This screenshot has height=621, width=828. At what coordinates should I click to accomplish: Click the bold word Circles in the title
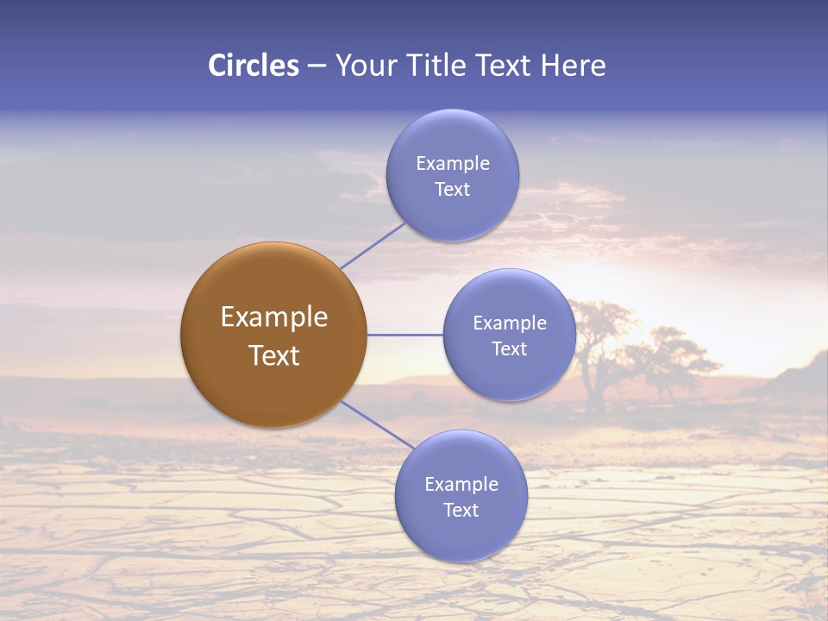coord(254,66)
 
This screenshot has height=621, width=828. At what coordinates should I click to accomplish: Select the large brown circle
coord(273,336)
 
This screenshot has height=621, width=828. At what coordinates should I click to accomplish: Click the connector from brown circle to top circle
coord(373,246)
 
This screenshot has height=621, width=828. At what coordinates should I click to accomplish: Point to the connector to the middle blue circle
coord(405,335)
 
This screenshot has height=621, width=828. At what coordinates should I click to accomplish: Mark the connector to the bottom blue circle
coord(377,424)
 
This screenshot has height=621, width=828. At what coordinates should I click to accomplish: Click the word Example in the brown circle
coord(273,317)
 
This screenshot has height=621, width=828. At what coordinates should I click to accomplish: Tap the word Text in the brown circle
coord(273,355)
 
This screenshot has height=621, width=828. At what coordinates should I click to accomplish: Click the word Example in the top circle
coord(452,163)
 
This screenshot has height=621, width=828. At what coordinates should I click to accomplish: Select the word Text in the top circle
coord(452,189)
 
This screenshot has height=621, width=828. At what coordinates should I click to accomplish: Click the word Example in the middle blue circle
coord(509,323)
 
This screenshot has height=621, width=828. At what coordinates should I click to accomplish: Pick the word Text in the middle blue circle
coord(509,348)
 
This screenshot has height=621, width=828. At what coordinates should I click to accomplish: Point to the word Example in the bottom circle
coord(461,484)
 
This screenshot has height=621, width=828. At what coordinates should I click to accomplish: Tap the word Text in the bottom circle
coord(461,510)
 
